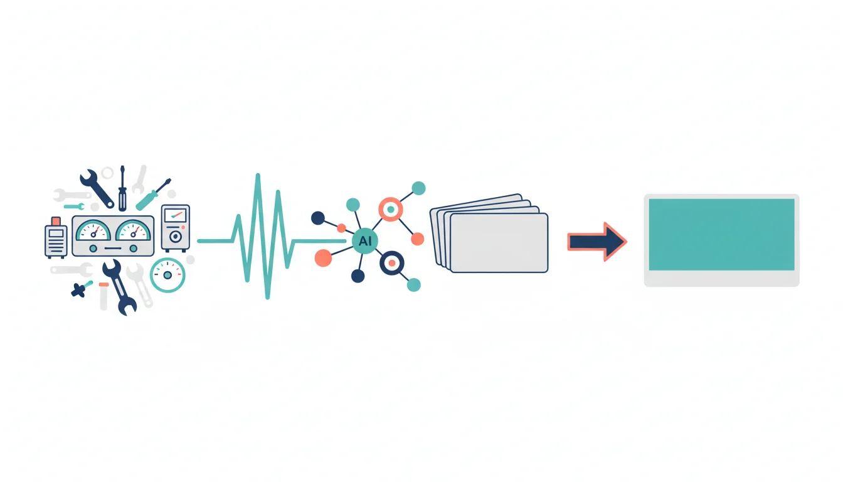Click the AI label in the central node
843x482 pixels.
[365, 241]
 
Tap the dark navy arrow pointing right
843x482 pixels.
[597, 242]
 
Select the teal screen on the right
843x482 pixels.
[721, 235]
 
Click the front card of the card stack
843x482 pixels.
[499, 243]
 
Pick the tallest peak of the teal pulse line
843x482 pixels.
[258, 174]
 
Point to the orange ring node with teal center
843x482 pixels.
[391, 209]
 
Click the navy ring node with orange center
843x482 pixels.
[392, 263]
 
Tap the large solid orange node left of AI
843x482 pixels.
[323, 258]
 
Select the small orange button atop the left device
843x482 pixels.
[56, 221]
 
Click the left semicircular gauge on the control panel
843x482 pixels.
[93, 230]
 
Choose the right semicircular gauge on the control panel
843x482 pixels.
[133, 230]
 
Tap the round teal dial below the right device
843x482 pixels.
[167, 276]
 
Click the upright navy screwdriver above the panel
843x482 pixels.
[122, 188]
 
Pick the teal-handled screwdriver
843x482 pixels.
[153, 195]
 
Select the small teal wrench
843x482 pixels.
[74, 206]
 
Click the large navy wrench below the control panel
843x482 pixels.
[120, 287]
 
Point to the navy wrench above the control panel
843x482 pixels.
[97, 189]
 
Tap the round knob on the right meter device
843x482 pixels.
[176, 237]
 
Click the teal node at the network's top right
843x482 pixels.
[418, 188]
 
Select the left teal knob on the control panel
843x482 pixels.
[93, 249]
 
